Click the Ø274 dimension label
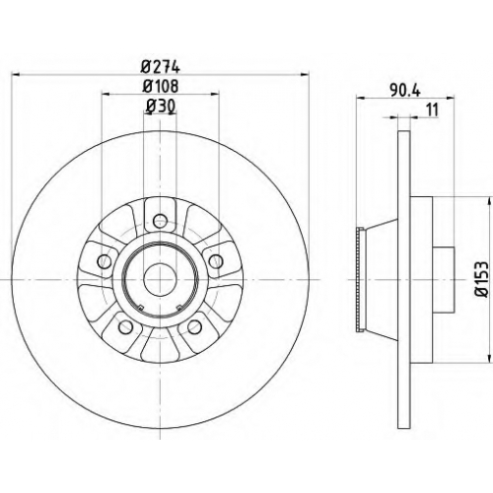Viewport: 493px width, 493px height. pos(161,68)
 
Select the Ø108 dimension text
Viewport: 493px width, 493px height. pos(161,87)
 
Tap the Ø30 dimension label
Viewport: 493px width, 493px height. pos(160,106)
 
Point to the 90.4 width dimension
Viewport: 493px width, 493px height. pos(405,91)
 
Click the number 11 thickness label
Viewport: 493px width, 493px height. pos(432,109)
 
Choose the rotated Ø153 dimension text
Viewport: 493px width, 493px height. pos(482,280)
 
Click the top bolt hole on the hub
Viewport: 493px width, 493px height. pos(160,219)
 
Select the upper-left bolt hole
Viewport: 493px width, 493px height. pos(105,261)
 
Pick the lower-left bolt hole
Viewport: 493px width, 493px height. pos(125,326)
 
